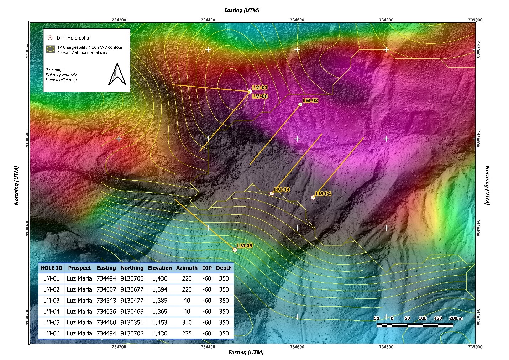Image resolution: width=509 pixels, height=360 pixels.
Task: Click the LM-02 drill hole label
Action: pyautogui.click(x=310, y=100)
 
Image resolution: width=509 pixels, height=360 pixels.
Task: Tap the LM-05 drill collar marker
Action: pyautogui.click(x=235, y=250)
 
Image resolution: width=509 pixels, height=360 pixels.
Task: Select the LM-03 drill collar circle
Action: pyautogui.click(x=272, y=194)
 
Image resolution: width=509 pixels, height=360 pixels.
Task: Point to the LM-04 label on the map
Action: pyautogui.click(x=323, y=194)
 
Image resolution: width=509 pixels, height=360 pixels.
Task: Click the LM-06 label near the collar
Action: pyautogui.click(x=260, y=96)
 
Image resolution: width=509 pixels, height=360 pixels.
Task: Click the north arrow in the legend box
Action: pyautogui.click(x=117, y=74)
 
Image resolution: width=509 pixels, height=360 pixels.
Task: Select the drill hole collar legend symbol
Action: pyautogui.click(x=50, y=38)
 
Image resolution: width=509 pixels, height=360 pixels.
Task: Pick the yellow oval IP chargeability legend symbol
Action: pyautogui.click(x=51, y=50)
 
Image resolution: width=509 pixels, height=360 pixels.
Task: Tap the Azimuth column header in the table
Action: pyautogui.click(x=187, y=268)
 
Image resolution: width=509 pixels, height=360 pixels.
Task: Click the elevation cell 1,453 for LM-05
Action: pyautogui.click(x=160, y=322)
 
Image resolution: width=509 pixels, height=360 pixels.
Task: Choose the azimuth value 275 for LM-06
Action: pyautogui.click(x=187, y=333)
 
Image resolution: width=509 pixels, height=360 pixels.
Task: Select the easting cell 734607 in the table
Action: pyautogui.click(x=106, y=289)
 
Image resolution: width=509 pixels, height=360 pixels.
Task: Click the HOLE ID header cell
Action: pyautogui.click(x=51, y=268)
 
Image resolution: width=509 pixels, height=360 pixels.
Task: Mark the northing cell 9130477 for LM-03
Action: pyautogui.click(x=132, y=301)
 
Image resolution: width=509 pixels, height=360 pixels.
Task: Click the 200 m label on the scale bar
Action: pyautogui.click(x=456, y=318)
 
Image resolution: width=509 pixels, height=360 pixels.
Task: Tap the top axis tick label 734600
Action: pyautogui.click(x=297, y=20)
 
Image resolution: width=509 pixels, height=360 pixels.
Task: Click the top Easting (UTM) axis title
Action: pyautogui.click(x=242, y=10)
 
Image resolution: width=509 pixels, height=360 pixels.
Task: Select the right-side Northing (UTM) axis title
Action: pyautogui.click(x=487, y=185)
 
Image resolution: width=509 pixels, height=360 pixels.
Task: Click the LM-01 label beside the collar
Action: pyautogui.click(x=259, y=88)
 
